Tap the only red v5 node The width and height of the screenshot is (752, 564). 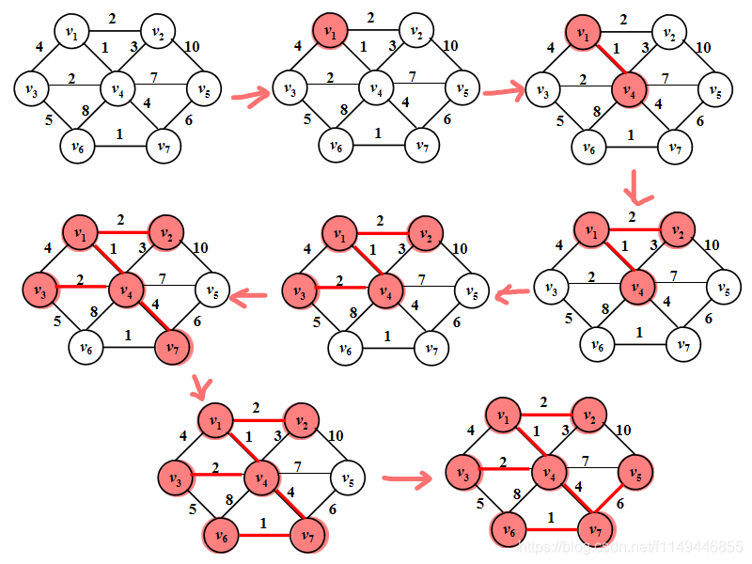pos(637,470)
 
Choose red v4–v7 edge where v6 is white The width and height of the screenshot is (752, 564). pos(150,321)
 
